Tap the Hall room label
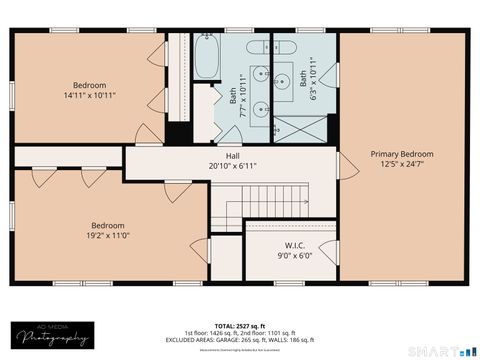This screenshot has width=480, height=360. point(232,156)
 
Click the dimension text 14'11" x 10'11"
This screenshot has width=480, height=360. point(89,95)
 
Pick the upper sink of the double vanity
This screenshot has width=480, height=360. point(259,72)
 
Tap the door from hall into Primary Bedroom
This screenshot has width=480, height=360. point(346,165)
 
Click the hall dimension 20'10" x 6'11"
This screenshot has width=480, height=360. point(232,166)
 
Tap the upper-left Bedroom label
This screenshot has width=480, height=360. point(89,85)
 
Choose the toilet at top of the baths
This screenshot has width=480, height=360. point(281,45)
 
